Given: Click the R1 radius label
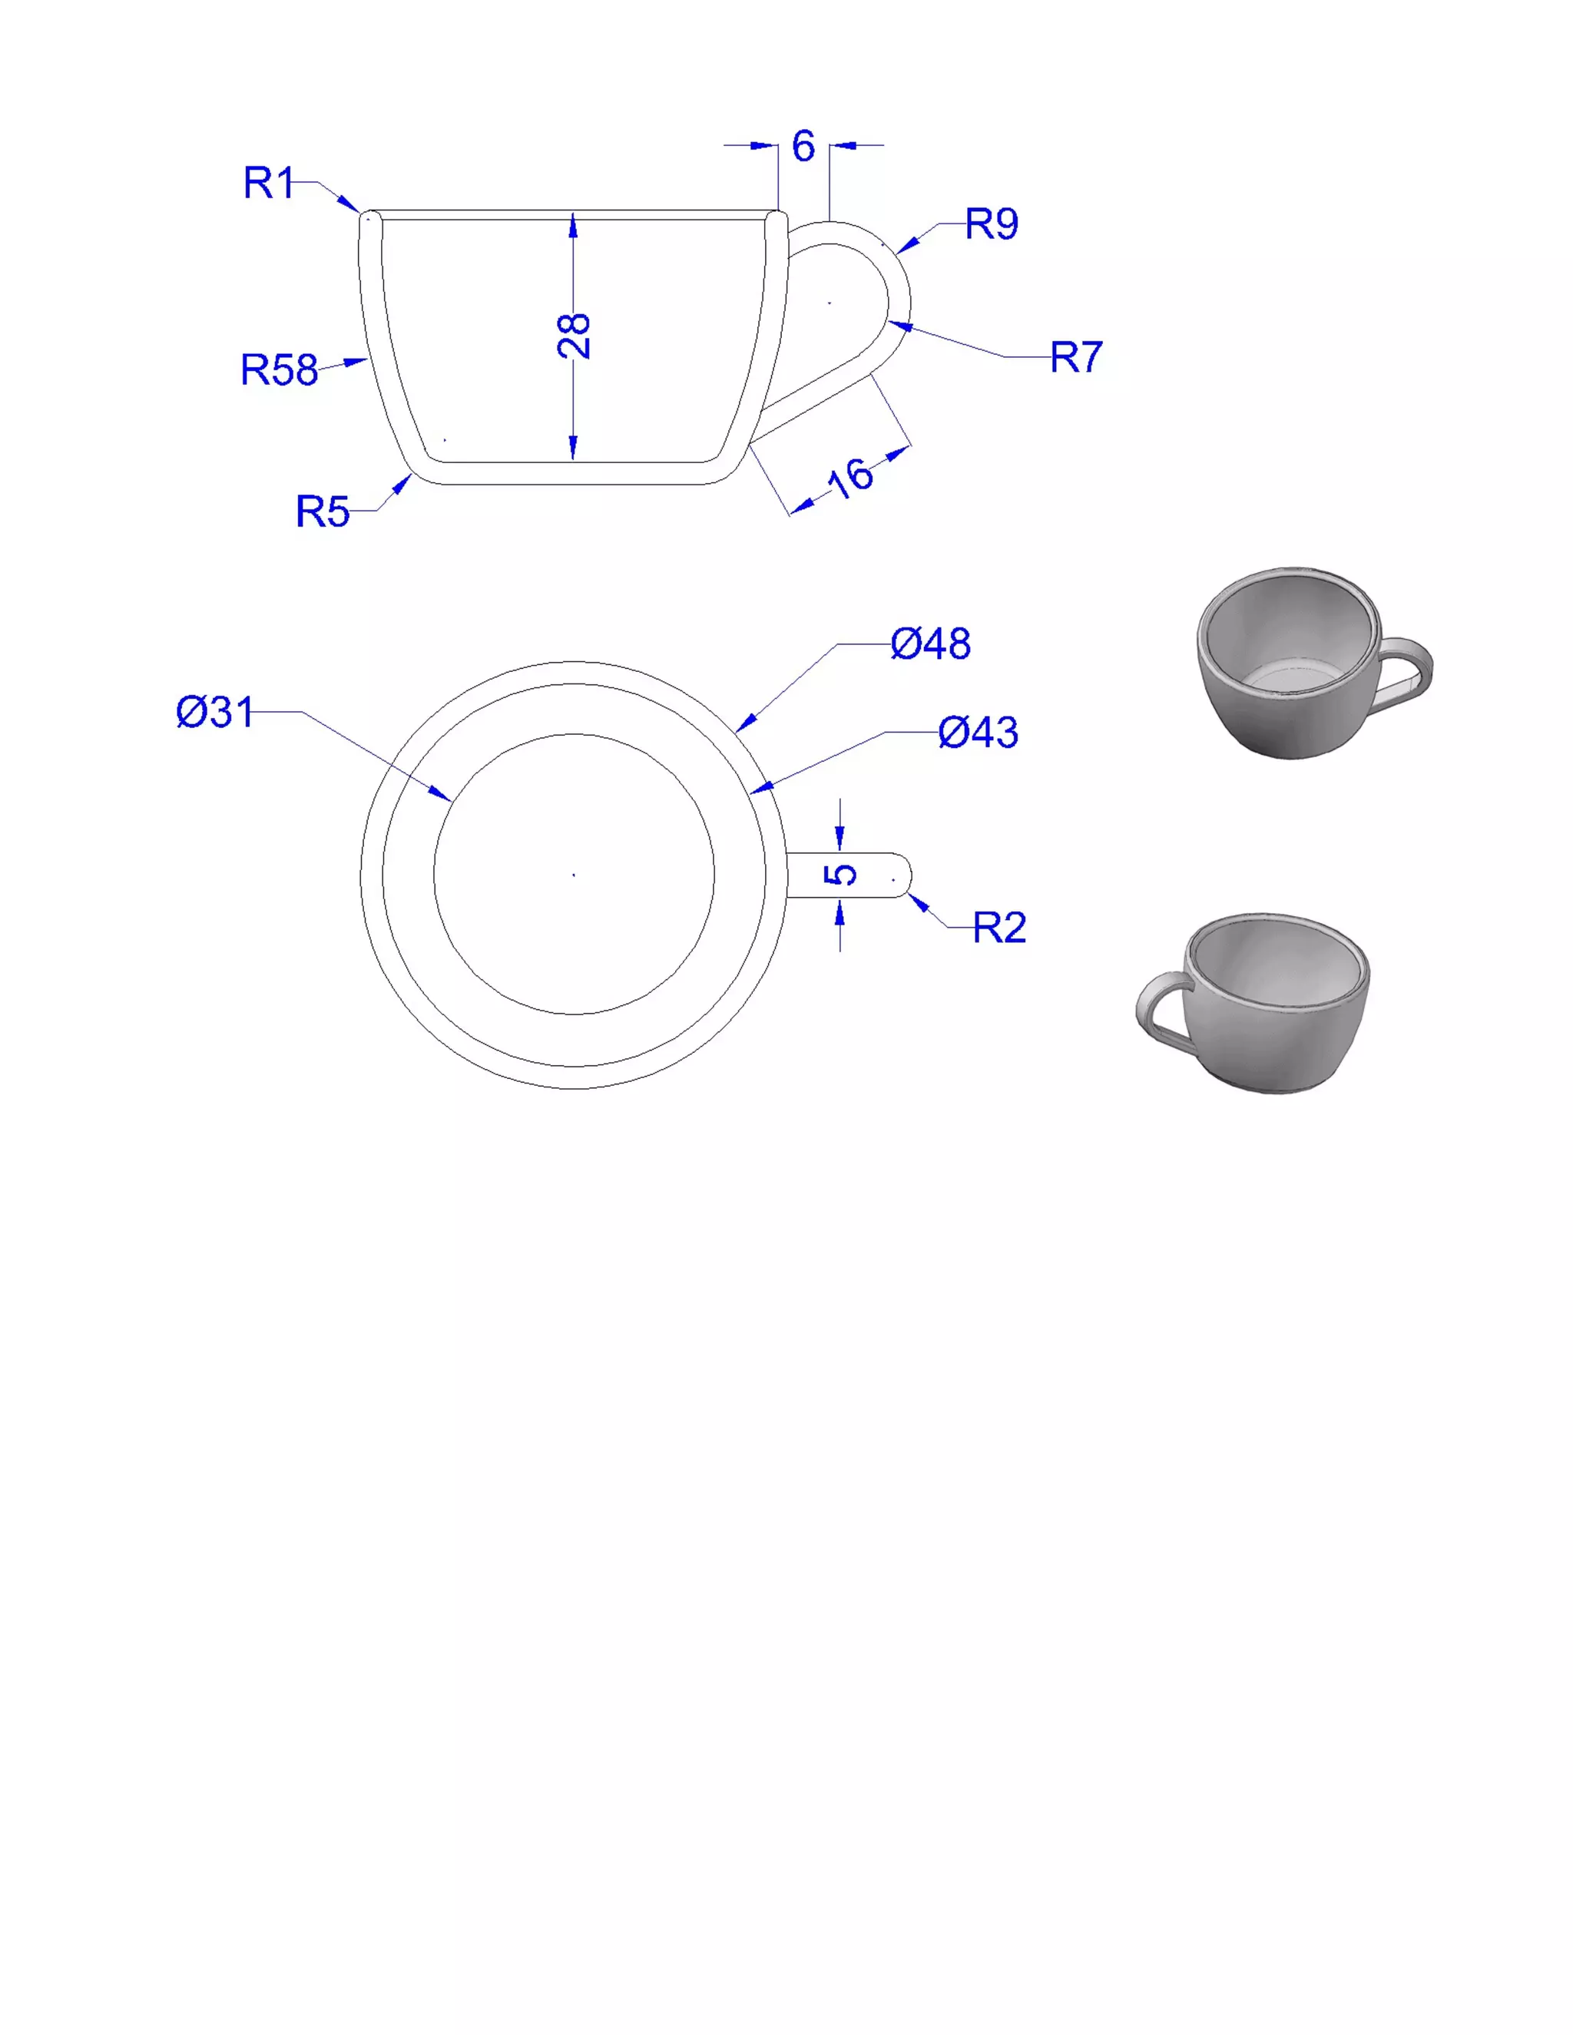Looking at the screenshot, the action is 268,183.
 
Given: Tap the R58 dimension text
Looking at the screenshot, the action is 280,370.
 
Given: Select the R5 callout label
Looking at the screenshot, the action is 323,511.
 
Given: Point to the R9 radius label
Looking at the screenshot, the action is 992,223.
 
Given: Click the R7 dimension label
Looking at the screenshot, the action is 1076,357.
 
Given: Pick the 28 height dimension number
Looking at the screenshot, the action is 574,336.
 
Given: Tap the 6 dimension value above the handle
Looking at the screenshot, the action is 803,146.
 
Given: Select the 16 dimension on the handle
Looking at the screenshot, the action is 850,478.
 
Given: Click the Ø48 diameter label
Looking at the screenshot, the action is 930,644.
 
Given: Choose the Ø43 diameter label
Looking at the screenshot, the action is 979,733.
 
